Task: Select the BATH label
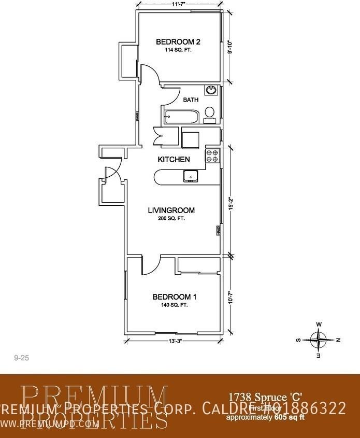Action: (191, 100)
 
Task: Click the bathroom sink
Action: (211, 91)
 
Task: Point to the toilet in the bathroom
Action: (210, 114)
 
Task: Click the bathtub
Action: (180, 117)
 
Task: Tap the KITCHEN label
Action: (174, 160)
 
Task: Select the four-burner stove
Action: (213, 156)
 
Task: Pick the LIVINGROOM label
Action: (171, 210)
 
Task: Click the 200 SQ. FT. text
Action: (171, 219)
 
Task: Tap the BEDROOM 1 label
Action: (174, 297)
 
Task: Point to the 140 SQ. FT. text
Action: (174, 305)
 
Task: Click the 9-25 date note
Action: (20, 358)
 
